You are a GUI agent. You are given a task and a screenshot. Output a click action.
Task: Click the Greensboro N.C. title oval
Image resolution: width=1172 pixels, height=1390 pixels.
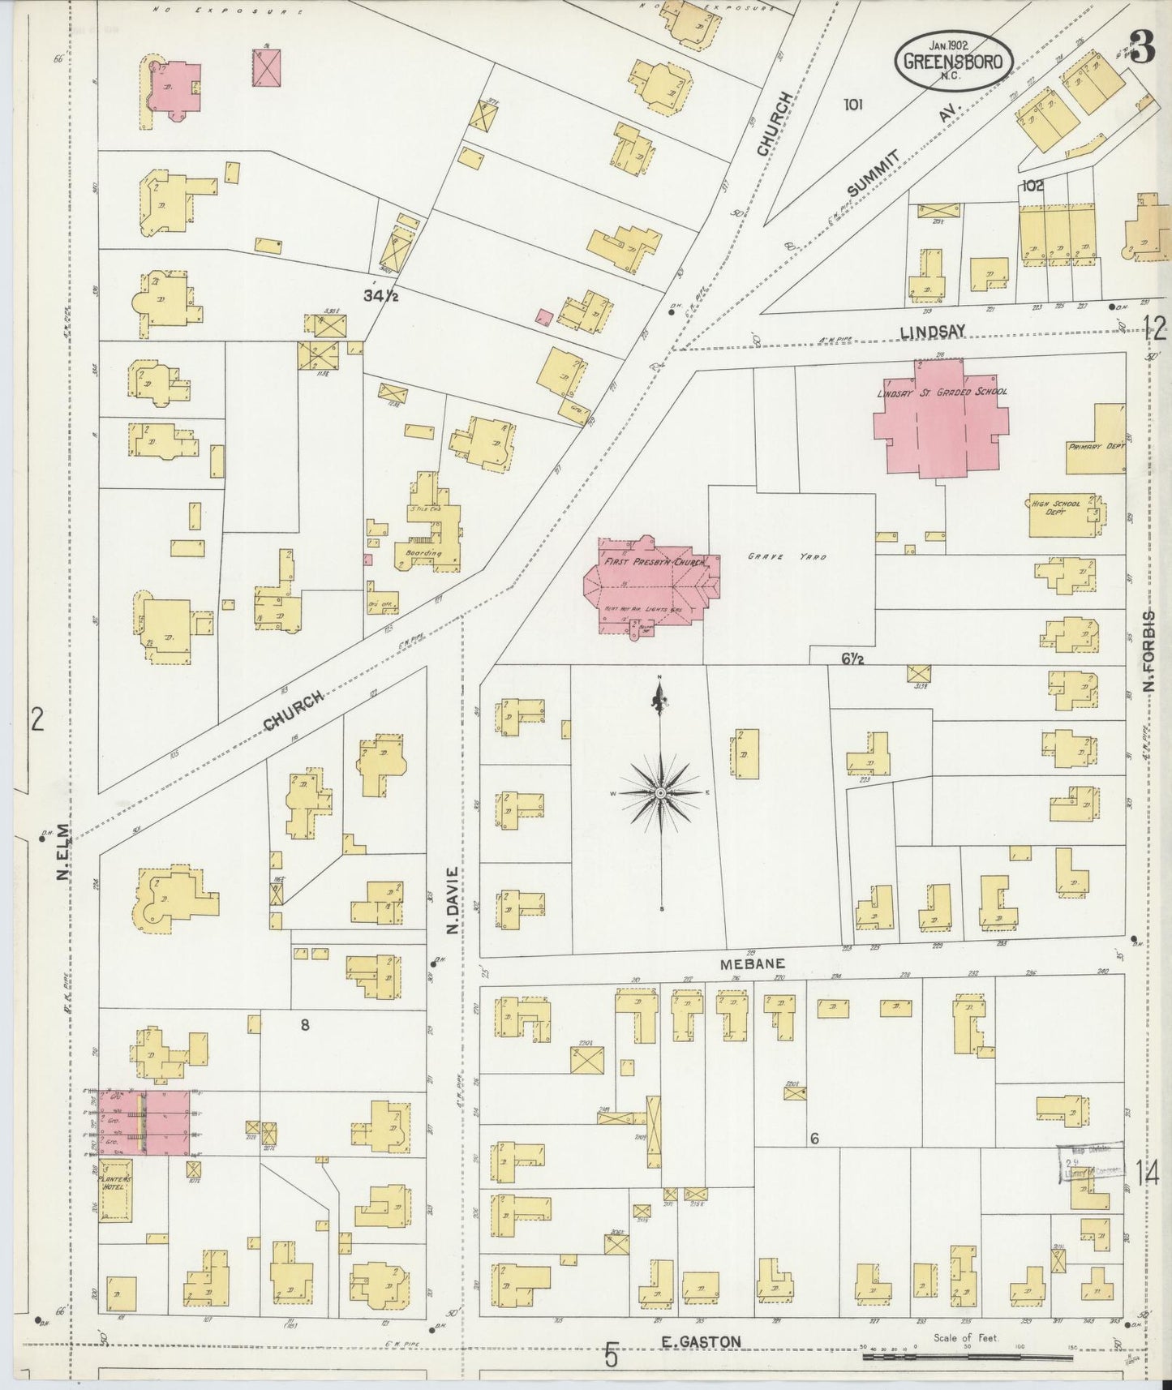point(954,61)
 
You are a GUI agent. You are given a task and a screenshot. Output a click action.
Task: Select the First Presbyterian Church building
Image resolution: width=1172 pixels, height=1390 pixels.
point(649,584)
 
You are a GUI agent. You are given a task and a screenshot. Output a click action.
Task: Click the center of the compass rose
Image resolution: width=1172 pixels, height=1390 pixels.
point(661,792)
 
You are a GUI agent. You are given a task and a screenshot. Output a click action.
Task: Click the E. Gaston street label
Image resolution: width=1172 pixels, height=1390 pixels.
point(701,1342)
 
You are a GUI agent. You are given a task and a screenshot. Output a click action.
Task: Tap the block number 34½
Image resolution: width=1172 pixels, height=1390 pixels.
point(379,297)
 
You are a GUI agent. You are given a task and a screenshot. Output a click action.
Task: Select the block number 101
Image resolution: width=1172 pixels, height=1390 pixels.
point(852,104)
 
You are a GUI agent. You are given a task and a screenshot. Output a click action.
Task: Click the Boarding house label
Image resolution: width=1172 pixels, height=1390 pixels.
point(423,554)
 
